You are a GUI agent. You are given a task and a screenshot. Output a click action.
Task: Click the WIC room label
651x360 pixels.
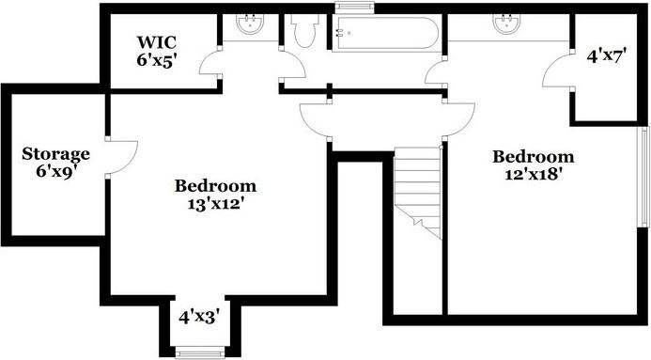pyautogui.click(x=157, y=42)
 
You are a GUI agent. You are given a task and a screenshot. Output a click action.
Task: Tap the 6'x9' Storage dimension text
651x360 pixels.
pyautogui.click(x=56, y=171)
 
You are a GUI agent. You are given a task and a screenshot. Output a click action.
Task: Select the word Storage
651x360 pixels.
pyautogui.click(x=56, y=154)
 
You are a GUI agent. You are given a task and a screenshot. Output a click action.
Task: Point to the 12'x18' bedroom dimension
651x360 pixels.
pyautogui.click(x=534, y=174)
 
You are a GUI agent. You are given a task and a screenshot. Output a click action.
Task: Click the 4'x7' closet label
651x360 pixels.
pyautogui.click(x=606, y=55)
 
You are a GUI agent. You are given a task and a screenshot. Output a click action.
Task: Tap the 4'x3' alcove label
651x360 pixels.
pyautogui.click(x=199, y=318)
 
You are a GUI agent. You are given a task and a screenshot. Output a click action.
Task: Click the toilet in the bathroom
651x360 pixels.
pyautogui.click(x=304, y=31)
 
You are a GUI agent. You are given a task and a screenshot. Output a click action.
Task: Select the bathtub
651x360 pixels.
pyautogui.click(x=386, y=33)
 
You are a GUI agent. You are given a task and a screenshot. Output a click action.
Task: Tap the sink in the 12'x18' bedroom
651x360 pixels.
pyautogui.click(x=507, y=23)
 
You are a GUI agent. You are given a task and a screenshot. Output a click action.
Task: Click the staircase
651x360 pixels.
pyautogui.click(x=417, y=193)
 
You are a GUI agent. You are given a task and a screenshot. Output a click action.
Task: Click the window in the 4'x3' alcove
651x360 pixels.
pyautogui.click(x=200, y=352)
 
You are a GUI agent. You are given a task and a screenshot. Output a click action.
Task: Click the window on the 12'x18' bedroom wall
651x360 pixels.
pyautogui.click(x=643, y=176)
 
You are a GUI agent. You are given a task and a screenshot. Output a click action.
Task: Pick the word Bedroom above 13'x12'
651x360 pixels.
pyautogui.click(x=215, y=186)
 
